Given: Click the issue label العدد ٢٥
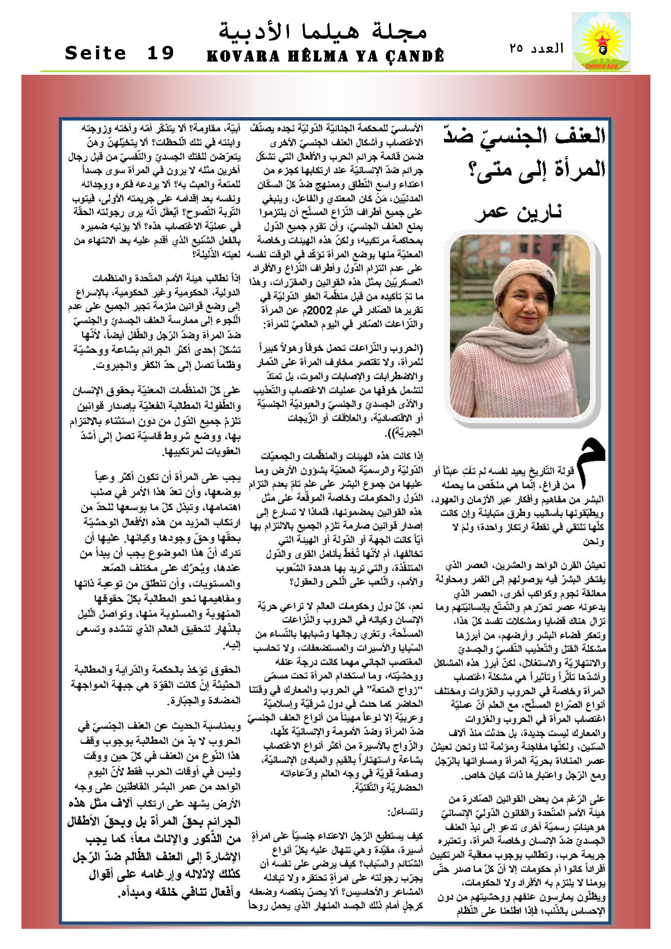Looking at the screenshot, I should [537, 48].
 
